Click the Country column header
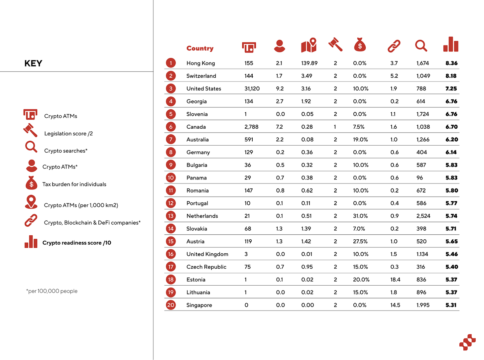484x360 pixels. (200, 48)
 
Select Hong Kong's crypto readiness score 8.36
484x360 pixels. (451, 63)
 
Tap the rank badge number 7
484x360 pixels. (171, 140)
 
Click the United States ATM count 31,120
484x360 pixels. (252, 89)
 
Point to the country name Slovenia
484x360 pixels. (197, 114)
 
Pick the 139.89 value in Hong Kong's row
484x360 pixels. (309, 63)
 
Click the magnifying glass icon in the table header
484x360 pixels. (421, 46)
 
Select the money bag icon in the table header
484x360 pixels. (360, 45)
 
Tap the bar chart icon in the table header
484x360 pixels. (451, 45)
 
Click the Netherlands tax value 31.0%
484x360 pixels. (360, 216)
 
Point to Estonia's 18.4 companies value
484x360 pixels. (395, 280)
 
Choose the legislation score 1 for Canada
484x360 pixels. (335, 127)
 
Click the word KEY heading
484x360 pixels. (33, 63)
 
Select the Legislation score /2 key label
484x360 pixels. (68, 134)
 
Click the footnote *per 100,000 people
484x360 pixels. (52, 291)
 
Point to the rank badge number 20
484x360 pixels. (171, 305)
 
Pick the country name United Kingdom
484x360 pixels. (207, 254)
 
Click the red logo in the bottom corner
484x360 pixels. (467, 342)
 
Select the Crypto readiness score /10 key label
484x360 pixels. (77, 243)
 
